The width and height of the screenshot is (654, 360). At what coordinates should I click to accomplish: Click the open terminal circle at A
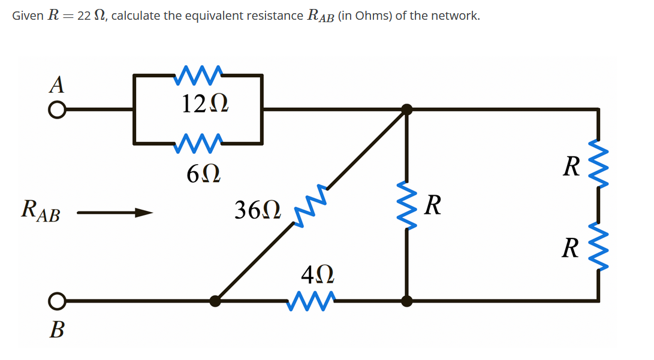coord(56,110)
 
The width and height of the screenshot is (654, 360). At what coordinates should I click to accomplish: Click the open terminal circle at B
coord(56,300)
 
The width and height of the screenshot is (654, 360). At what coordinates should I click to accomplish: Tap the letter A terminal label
coord(56,84)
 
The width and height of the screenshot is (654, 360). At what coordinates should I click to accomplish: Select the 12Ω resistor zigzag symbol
coord(200,74)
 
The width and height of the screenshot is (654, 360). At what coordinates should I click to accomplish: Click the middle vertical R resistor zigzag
coord(407,204)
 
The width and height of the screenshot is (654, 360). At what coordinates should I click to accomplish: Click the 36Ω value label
coord(257,211)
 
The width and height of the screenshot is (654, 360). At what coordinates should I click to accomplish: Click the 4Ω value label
coord(317,276)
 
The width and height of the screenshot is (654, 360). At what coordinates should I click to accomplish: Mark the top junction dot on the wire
coord(407,109)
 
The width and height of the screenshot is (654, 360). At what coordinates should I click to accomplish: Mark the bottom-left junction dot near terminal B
coord(215,301)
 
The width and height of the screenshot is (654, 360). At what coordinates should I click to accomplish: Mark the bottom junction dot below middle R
coord(407,301)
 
